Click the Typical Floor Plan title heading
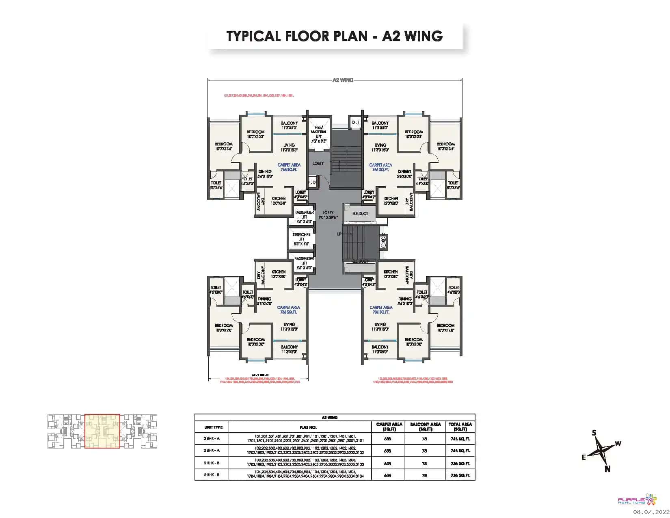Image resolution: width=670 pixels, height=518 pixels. [x=334, y=36]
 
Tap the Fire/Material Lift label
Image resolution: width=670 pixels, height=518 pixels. [x=318, y=132]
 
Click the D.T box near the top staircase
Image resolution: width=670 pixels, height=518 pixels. [x=356, y=122]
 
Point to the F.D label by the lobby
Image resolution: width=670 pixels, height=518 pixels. [x=312, y=183]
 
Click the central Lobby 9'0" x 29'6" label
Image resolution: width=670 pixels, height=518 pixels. [x=328, y=215]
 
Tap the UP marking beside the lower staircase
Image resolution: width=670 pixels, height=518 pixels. [x=339, y=234]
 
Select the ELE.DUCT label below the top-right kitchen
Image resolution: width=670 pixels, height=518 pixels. [x=360, y=214]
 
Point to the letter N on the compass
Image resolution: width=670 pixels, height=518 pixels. [x=607, y=469]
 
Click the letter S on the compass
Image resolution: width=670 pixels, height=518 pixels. [x=594, y=433]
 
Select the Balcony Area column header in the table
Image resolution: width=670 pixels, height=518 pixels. [x=425, y=426]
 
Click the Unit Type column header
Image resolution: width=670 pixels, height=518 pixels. [x=213, y=427]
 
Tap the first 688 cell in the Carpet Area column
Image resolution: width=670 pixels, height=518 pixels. [x=387, y=439]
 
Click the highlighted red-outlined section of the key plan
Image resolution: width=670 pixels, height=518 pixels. [x=102, y=431]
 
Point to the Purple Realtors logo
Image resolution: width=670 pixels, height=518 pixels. [x=636, y=500]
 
